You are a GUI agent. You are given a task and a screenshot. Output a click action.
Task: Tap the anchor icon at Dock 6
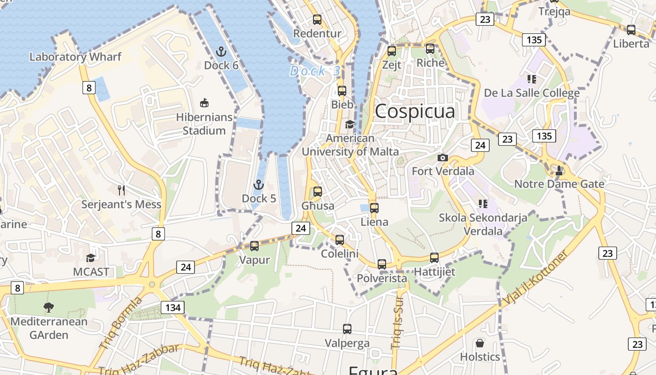pos(221,51)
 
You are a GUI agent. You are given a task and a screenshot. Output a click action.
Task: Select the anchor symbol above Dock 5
pos(259,185)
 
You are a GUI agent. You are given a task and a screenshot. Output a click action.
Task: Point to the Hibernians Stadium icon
pos(204,103)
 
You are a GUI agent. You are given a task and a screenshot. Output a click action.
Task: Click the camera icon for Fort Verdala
pos(442,157)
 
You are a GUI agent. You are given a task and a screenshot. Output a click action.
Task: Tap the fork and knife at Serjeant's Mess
pos(121,190)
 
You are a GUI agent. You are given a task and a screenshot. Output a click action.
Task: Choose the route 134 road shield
pos(172,307)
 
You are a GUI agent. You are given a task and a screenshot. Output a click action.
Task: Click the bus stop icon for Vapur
pos(254,246)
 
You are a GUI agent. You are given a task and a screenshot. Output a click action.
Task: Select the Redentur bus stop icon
pos(317,20)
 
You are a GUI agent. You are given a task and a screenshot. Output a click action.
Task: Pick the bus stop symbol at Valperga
pos(347,329)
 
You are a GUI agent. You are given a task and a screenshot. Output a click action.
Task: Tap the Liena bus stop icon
pos(374,208)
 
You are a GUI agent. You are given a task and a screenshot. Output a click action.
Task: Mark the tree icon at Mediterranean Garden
pos(48,307)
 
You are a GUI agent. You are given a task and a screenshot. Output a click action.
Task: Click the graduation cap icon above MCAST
pos(90,258)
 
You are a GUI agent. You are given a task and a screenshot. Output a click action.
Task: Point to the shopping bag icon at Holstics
pos(479,343)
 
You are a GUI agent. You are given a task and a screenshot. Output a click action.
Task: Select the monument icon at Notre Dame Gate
pos(559,170)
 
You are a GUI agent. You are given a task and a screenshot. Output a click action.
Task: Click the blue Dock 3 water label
pos(314,71)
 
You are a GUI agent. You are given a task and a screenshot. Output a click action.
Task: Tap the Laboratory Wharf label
pos(75,57)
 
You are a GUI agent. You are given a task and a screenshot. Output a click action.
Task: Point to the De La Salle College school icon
pos(531,79)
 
